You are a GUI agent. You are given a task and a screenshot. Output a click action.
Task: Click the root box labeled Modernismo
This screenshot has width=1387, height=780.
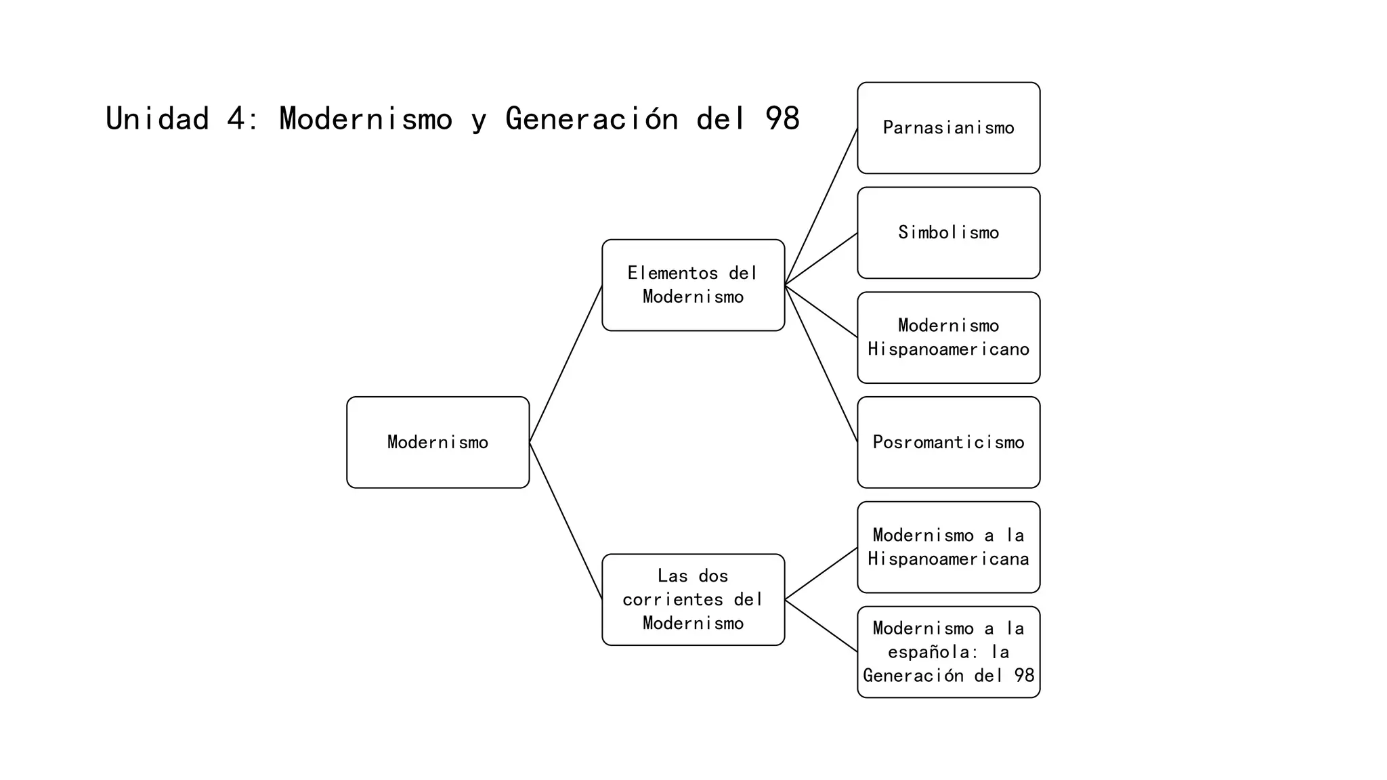(x=438, y=442)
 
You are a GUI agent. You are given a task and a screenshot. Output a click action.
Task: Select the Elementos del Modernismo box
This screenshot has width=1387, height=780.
(x=693, y=285)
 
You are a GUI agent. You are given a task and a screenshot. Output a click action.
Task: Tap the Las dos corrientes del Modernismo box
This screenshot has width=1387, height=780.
(x=693, y=599)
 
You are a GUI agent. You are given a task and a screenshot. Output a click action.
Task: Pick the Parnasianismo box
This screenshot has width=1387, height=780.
(x=948, y=128)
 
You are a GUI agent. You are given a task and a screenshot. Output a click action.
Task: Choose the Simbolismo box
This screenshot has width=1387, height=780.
(x=948, y=232)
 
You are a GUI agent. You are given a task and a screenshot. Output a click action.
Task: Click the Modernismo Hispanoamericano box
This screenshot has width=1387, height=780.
(x=948, y=337)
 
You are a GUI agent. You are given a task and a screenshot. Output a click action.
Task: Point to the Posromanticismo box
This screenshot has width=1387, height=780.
(x=948, y=442)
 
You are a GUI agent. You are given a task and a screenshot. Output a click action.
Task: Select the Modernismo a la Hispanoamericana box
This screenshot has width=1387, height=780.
(x=948, y=547)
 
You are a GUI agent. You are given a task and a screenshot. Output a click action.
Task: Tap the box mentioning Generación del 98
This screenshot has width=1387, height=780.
(x=948, y=652)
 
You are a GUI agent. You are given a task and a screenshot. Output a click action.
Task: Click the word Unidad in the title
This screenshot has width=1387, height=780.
(x=157, y=119)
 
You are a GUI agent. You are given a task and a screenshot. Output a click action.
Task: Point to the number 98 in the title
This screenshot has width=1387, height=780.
(x=782, y=119)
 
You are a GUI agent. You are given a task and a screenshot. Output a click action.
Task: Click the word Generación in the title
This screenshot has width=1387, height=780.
(x=591, y=119)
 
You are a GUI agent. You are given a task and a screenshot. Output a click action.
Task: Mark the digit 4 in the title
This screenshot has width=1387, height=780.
(x=235, y=119)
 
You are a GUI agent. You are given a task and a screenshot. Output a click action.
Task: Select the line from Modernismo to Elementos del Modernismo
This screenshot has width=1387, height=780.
(x=566, y=364)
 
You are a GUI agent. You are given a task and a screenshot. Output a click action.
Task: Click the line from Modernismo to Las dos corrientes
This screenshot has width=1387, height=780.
(x=566, y=521)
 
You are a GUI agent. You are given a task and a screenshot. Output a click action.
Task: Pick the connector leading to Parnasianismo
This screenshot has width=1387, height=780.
(x=821, y=207)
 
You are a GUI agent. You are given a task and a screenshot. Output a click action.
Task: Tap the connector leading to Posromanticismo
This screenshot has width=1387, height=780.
(x=821, y=364)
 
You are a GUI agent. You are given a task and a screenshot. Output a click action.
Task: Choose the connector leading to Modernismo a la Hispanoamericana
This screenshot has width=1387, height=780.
(x=821, y=573)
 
